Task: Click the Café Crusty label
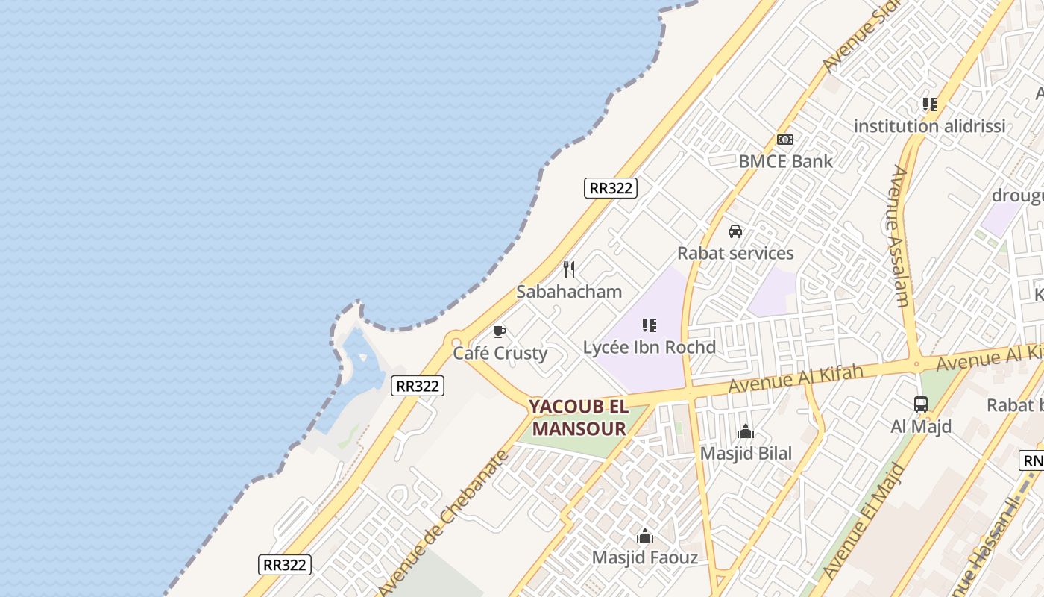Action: (500, 353)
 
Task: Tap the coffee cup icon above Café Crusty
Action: (500, 331)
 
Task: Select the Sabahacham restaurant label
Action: (569, 292)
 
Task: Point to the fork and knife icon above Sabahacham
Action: (569, 269)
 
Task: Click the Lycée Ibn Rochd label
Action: (650, 347)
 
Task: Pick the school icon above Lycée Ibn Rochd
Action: (650, 325)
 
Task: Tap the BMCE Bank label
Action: (785, 161)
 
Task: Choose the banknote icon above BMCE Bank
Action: (785, 140)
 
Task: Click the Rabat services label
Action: (735, 253)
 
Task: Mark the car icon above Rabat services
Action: (735, 231)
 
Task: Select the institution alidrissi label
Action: (929, 126)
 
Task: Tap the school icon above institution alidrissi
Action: (929, 104)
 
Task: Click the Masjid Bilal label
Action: (746, 453)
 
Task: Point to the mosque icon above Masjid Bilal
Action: (746, 431)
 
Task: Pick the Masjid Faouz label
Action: (645, 557)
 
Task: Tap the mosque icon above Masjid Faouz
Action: (645, 536)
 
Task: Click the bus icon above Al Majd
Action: (921, 404)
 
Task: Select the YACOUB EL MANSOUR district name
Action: (579, 418)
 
